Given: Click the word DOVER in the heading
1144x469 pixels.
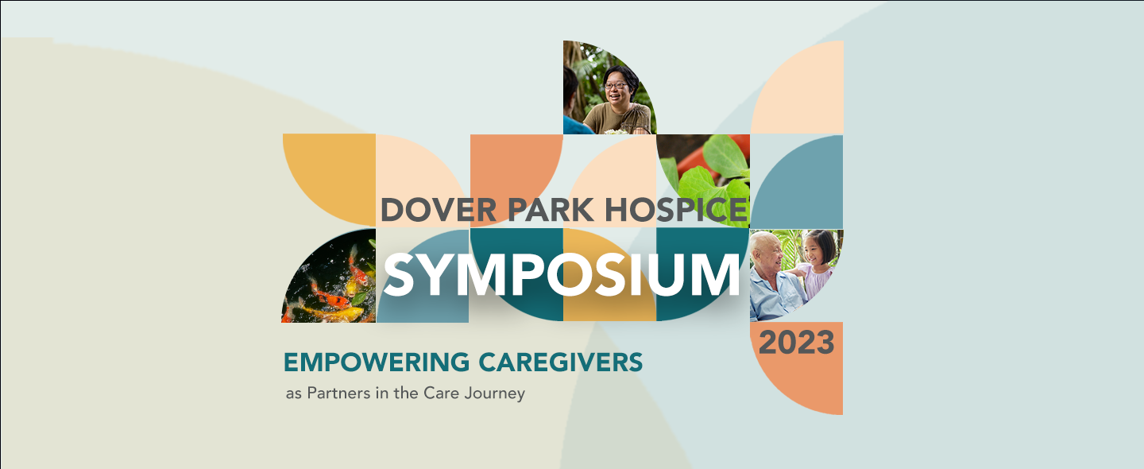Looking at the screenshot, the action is click(x=439, y=210).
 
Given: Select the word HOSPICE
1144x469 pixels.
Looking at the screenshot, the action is click(x=676, y=210).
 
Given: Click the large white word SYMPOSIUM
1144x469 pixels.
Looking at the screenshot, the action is click(x=561, y=275).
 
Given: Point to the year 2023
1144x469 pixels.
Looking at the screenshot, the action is click(x=796, y=343).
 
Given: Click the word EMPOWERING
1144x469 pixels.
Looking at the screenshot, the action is click(x=377, y=362).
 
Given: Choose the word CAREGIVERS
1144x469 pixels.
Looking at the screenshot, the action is click(x=560, y=362).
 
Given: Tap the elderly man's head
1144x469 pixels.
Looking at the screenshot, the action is click(x=767, y=251).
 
